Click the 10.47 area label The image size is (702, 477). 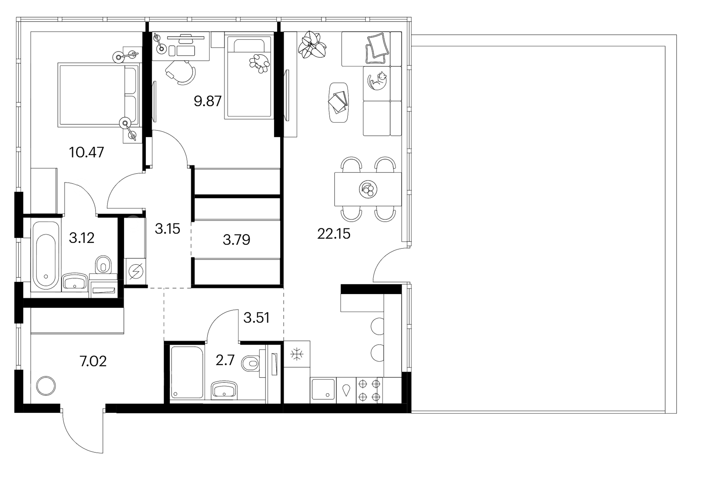(x=87, y=153)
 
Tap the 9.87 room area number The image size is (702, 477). (x=208, y=101)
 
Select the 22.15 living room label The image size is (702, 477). (x=334, y=234)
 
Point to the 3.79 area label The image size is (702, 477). (x=236, y=240)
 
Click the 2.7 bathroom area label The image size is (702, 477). (x=225, y=361)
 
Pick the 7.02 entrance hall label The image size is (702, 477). (x=93, y=362)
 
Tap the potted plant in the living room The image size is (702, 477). (x=312, y=45)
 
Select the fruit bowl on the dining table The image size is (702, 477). (x=368, y=190)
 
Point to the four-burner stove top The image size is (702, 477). (x=369, y=390)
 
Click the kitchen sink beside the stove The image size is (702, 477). (x=323, y=389)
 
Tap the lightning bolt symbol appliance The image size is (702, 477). (x=136, y=271)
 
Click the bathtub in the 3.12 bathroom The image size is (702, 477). (x=45, y=255)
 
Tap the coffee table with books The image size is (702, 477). (x=339, y=102)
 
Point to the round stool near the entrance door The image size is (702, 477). (x=45, y=386)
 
